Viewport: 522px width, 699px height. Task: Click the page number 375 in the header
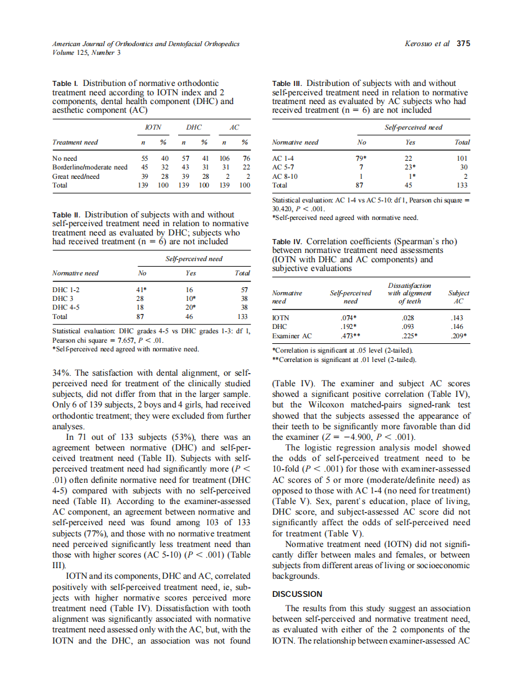pyautogui.click(x=463, y=44)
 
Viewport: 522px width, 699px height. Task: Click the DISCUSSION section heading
pyautogui.click(x=298, y=594)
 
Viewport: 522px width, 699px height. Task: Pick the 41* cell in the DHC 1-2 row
pyautogui.click(x=141, y=290)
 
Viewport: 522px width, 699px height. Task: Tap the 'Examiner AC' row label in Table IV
pyautogui.click(x=292, y=336)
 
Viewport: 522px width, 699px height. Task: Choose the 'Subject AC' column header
pyautogui.click(x=458, y=297)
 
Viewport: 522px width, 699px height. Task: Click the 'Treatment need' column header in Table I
pyautogui.click(x=75, y=142)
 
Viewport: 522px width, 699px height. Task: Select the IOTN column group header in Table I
pyautogui.click(x=153, y=126)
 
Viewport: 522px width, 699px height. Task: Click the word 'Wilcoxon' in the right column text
pyautogui.click(x=324, y=416)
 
